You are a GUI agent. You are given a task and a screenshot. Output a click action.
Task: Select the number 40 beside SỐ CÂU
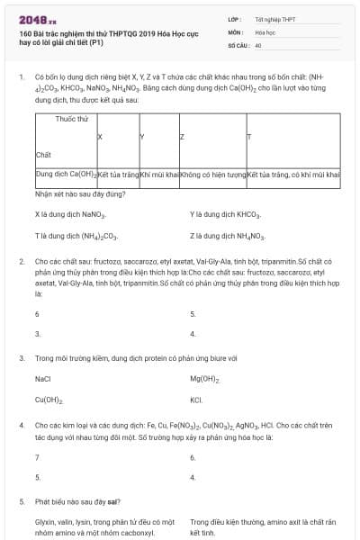[257, 44]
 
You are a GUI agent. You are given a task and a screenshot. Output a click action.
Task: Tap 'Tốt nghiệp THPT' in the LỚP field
[274, 18]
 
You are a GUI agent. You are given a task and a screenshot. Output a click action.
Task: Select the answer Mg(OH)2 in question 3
[205, 380]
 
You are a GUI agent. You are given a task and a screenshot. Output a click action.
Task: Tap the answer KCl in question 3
[196, 400]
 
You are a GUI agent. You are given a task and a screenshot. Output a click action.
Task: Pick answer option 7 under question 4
[37, 457]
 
